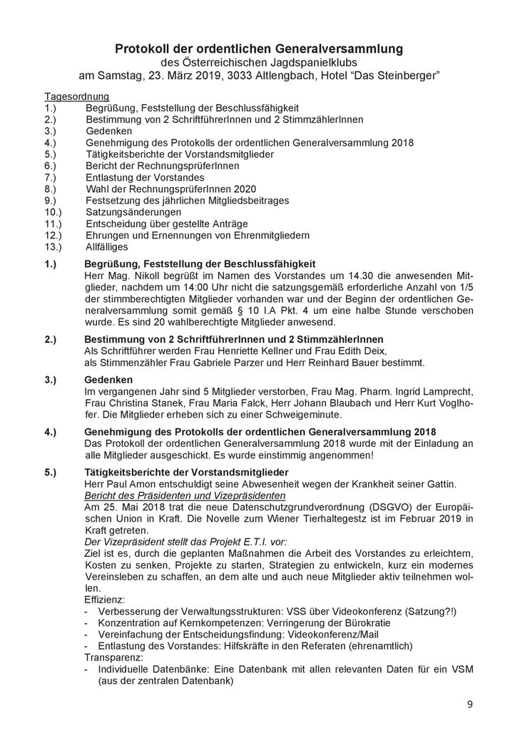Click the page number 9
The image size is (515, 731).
click(x=469, y=705)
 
